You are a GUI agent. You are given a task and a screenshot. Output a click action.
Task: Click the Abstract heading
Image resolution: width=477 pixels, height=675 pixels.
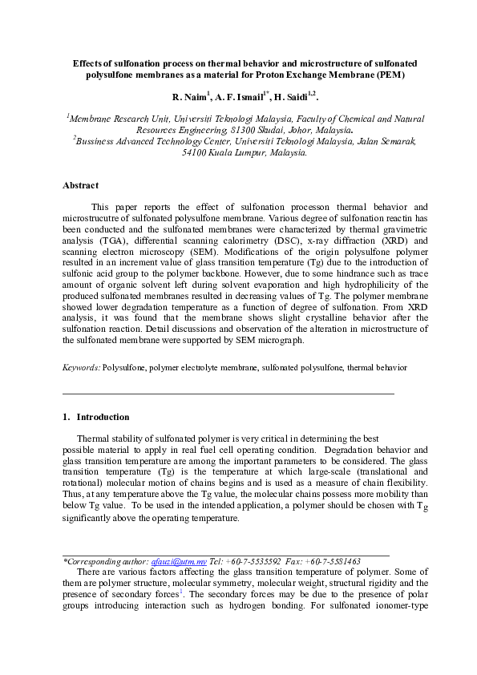click(80, 185)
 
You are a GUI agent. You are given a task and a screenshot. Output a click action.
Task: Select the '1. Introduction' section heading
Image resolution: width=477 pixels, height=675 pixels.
click(95, 417)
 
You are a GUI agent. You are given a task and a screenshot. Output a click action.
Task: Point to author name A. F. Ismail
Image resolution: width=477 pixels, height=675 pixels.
click(245, 96)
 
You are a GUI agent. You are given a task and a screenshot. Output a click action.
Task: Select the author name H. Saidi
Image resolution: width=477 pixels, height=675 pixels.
click(297, 96)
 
